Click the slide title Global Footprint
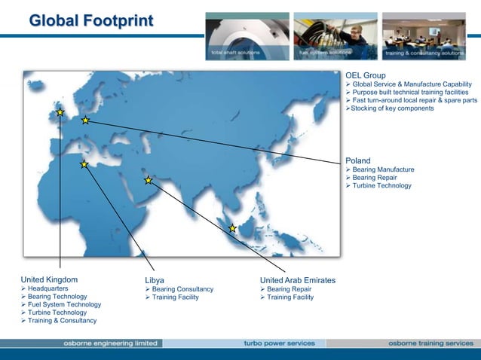pyautogui.click(x=90, y=20)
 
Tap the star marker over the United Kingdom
pyautogui.click(x=60, y=113)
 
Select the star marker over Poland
pyautogui.click(x=86, y=120)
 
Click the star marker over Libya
pyautogui.click(x=84, y=164)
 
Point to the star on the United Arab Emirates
pyautogui.click(x=149, y=180)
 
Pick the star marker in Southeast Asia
pyautogui.click(x=232, y=228)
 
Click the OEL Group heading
pyautogui.click(x=366, y=75)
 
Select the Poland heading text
pyautogui.click(x=358, y=160)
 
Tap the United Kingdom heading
pyautogui.click(x=49, y=279)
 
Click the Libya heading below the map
pyautogui.click(x=155, y=280)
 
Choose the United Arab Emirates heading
pyautogui.click(x=298, y=280)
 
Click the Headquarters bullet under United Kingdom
pyautogui.click(x=48, y=288)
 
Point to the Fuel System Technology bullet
pyautogui.click(x=63, y=304)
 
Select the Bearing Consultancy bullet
pyautogui.click(x=182, y=289)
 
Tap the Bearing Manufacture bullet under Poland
pyautogui.click(x=383, y=169)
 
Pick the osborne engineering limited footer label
pyautogui.click(x=110, y=343)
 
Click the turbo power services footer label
pyautogui.click(x=279, y=343)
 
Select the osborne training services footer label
pyautogui.click(x=430, y=343)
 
